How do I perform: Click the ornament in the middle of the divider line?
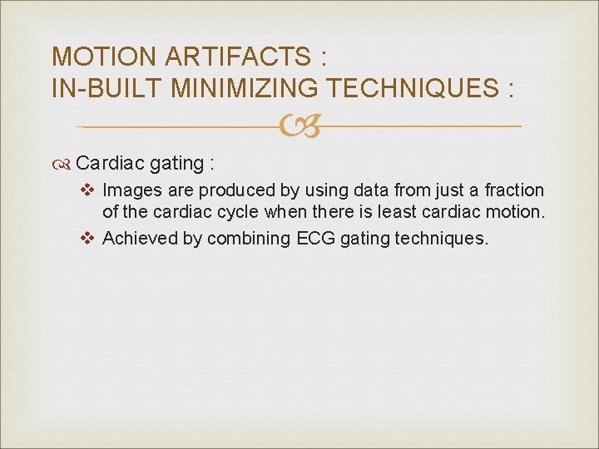(299, 127)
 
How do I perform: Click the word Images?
(130, 190)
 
